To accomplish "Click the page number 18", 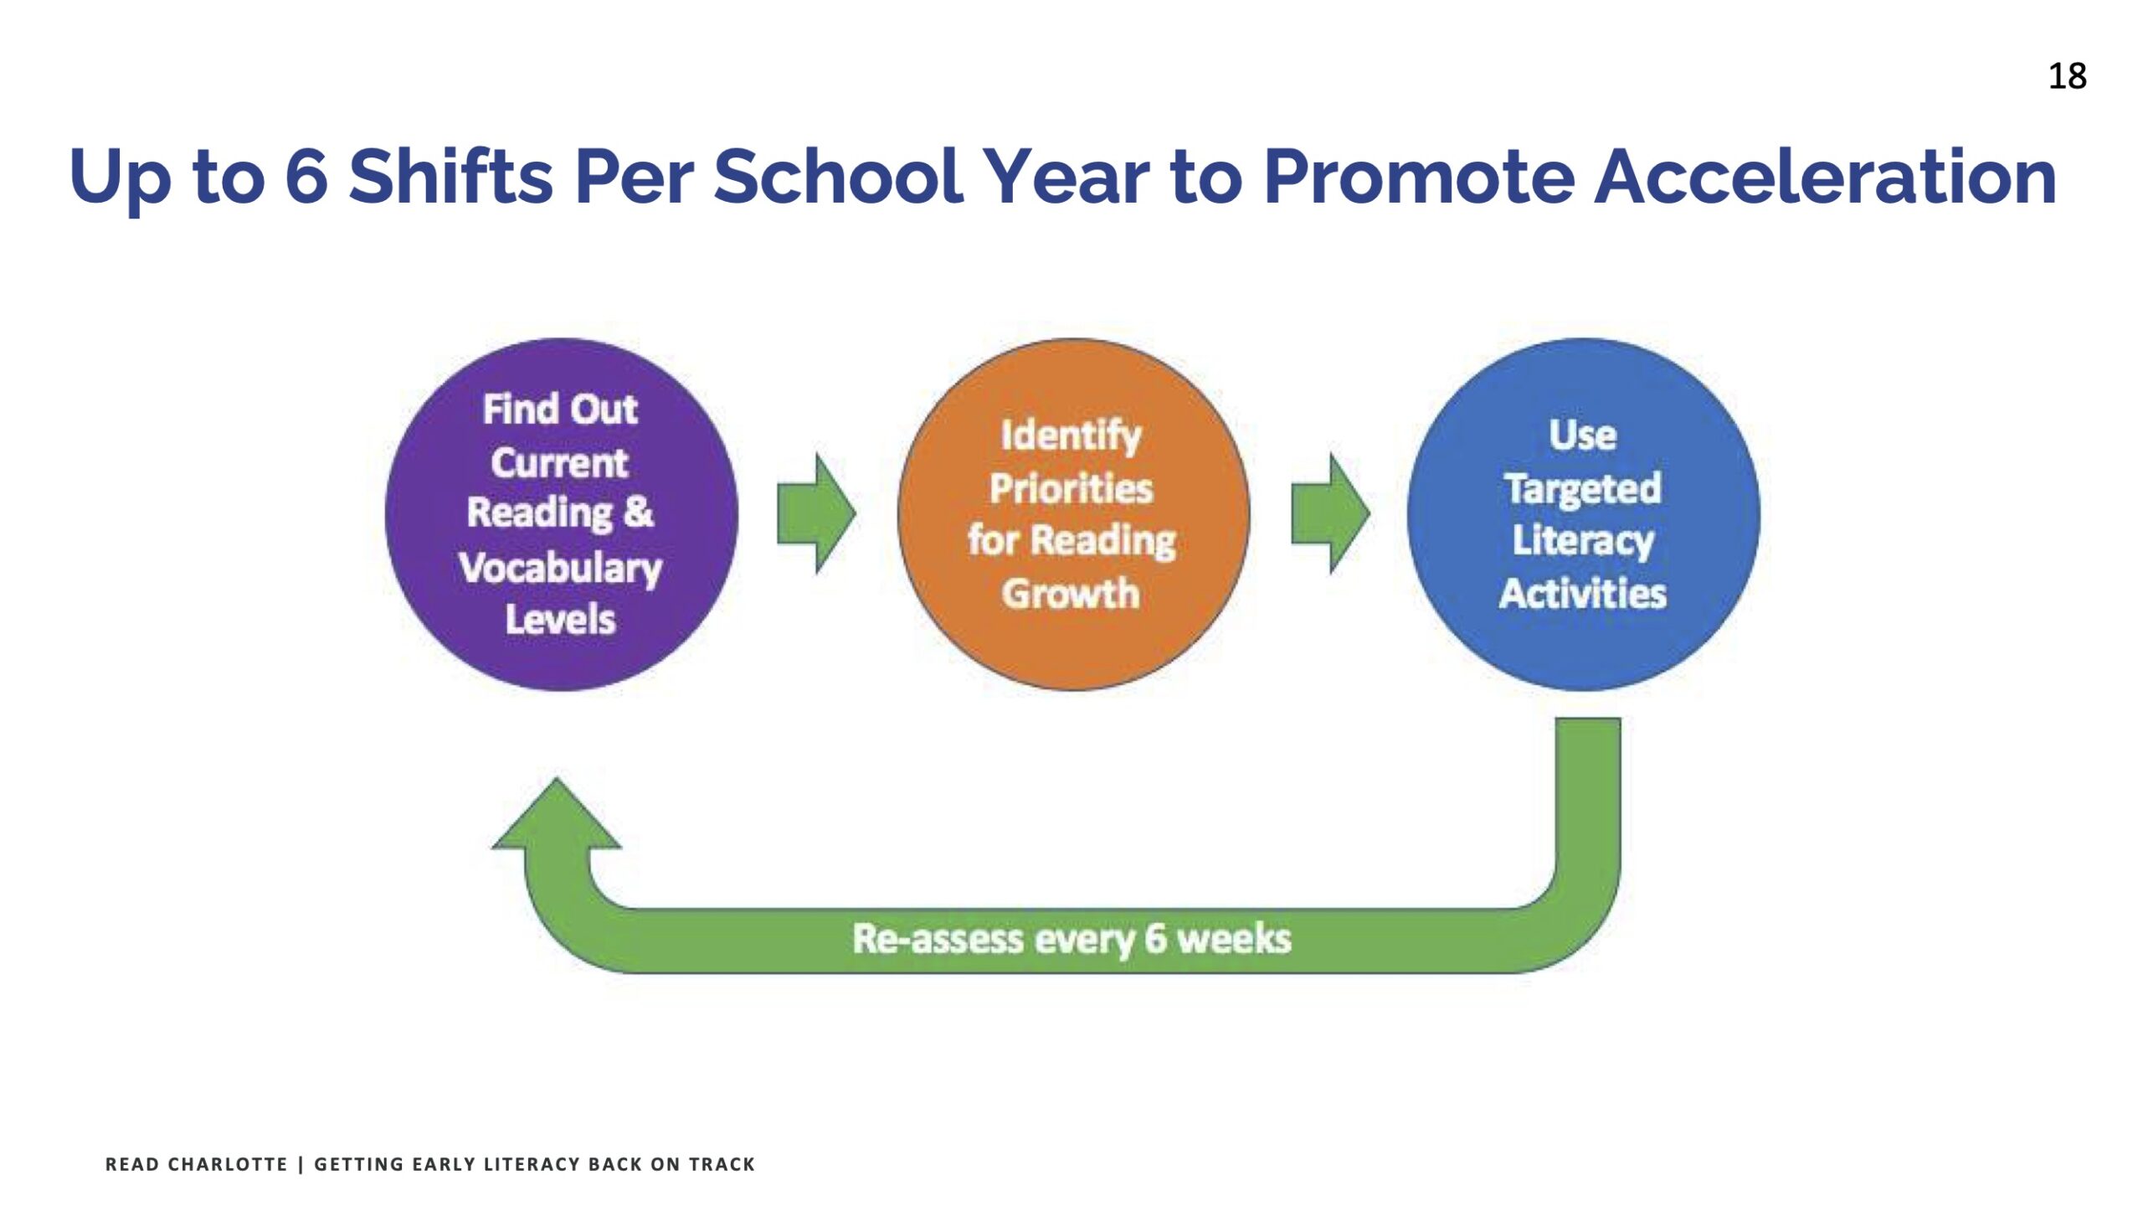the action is coord(2067,76).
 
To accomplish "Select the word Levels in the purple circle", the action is coord(560,620).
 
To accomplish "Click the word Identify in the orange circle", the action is coord(1071,436).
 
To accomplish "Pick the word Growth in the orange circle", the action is coord(1071,593).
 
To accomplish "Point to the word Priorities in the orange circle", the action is coord(1071,488).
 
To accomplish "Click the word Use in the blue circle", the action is coord(1582,435).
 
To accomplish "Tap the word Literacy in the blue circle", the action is coord(1583,541).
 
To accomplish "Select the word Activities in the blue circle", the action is coord(1583,593).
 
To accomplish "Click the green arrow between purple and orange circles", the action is coord(816,513).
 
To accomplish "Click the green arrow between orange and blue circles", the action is coord(1330,513).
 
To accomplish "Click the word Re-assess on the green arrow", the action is coord(938,938).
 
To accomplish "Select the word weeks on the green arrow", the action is coord(1235,938).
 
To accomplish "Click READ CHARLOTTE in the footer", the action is coord(196,1164).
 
